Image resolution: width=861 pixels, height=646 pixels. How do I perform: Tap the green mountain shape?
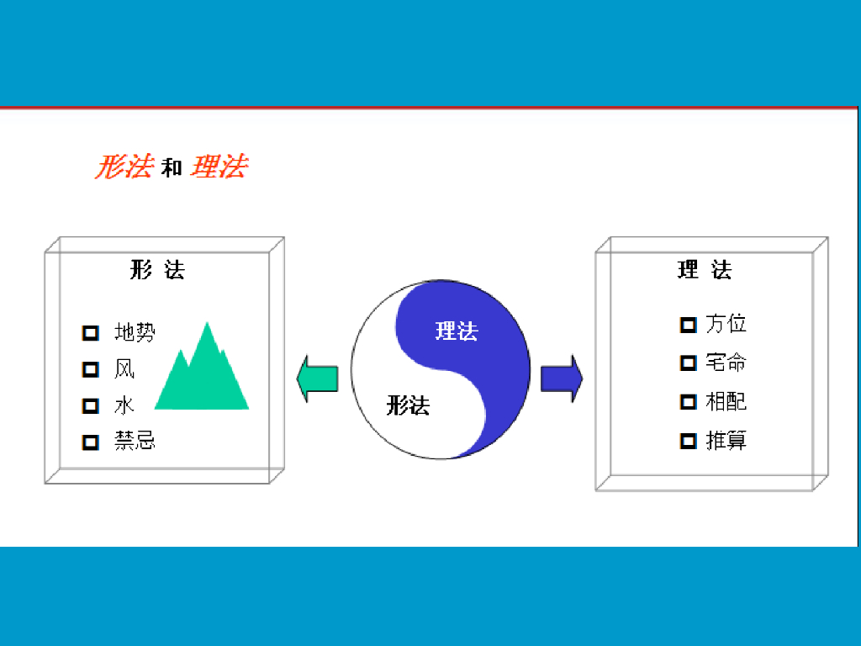tap(203, 374)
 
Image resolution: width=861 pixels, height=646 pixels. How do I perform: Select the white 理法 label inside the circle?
tap(457, 331)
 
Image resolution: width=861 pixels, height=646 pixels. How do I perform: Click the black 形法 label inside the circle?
tap(408, 406)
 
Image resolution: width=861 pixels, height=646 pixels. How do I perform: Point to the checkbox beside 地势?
tap(91, 333)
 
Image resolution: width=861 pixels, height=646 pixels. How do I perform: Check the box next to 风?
tap(91, 369)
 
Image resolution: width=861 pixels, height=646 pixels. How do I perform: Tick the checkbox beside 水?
tap(91, 405)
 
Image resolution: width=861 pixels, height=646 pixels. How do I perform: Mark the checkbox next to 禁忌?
tap(91, 442)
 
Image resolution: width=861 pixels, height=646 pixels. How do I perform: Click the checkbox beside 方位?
tap(688, 325)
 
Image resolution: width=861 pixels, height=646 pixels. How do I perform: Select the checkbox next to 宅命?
tap(688, 363)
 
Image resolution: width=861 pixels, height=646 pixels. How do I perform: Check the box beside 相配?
tap(688, 402)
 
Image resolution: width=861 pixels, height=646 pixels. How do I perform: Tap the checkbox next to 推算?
tap(688, 441)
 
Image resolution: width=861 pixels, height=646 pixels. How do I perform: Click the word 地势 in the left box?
tap(135, 332)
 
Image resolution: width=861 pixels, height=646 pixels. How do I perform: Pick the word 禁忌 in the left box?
tap(135, 441)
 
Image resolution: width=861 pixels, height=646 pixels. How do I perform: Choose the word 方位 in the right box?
tap(726, 324)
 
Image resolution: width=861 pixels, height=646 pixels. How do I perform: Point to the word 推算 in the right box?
tap(726, 440)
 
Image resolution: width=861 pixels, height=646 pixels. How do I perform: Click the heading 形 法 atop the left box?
tap(157, 270)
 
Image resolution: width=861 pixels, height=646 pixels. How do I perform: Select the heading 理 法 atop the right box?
tap(705, 270)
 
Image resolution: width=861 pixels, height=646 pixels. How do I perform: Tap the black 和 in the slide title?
tap(172, 168)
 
